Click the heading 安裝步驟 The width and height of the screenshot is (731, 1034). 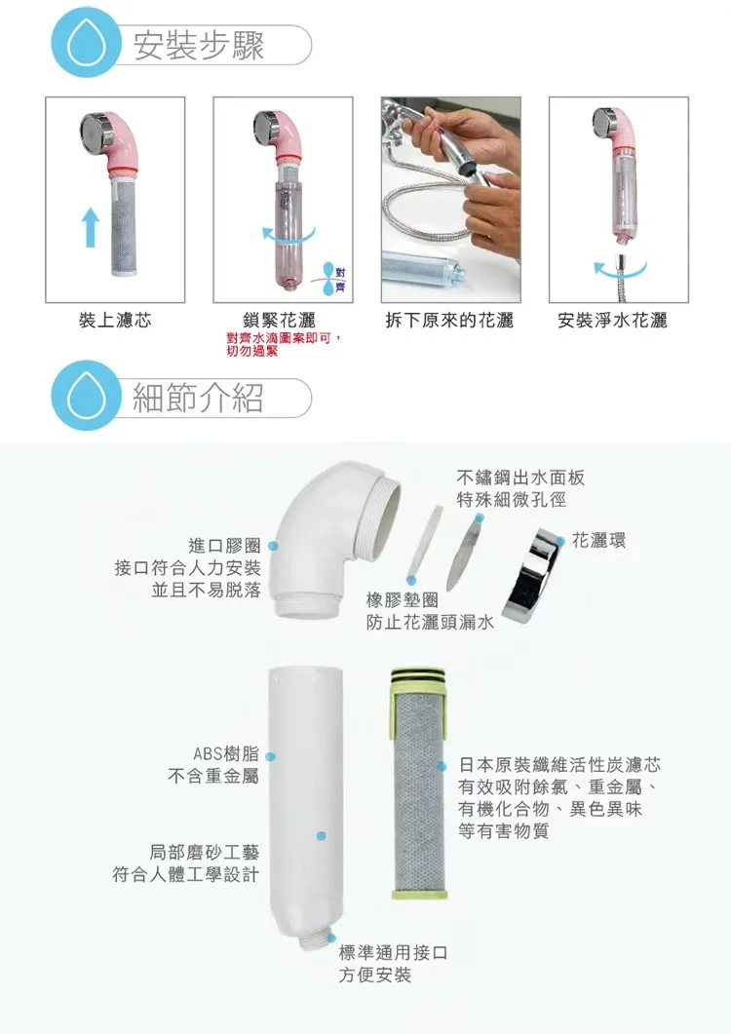pyautogui.click(x=199, y=45)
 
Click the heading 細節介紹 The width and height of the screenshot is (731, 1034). pyautogui.click(x=198, y=398)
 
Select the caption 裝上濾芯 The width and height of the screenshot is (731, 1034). pyautogui.click(x=115, y=321)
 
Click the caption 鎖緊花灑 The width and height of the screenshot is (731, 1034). pyautogui.click(x=279, y=321)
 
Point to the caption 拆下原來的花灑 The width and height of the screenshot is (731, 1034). pyautogui.click(x=449, y=321)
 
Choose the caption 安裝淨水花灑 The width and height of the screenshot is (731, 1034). pyautogui.click(x=612, y=321)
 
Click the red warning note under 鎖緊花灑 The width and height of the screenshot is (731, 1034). pyautogui.click(x=284, y=344)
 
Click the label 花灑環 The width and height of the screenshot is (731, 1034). pyautogui.click(x=598, y=541)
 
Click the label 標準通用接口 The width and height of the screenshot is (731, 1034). pyautogui.click(x=393, y=952)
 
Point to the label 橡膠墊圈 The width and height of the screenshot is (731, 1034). pyautogui.click(x=403, y=600)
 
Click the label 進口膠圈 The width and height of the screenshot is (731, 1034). pyautogui.click(x=224, y=546)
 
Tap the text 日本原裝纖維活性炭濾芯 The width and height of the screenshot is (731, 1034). pyautogui.click(x=559, y=765)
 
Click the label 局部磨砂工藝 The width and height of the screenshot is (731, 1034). pyautogui.click(x=204, y=852)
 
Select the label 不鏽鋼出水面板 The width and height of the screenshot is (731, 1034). pyautogui.click(x=520, y=478)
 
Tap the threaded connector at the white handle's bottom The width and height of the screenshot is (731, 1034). pyautogui.click(x=314, y=940)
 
